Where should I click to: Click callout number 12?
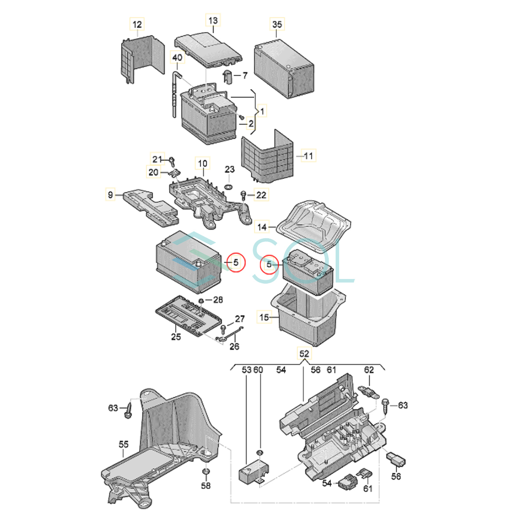point(137,24)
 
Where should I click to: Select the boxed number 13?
point(213,20)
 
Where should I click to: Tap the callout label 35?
point(277,24)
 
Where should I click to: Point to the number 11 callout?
point(308,155)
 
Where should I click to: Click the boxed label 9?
point(111,195)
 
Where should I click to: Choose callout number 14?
point(262,227)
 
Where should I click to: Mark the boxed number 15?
point(264,317)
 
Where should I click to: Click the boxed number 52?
point(304,354)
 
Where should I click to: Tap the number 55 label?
point(124,444)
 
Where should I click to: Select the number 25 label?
point(176,336)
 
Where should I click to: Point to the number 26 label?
point(234,346)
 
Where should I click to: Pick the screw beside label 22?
point(243,195)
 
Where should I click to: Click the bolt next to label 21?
point(172,161)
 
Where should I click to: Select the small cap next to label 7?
point(228,77)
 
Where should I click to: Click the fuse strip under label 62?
point(369,392)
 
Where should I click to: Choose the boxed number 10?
point(202,163)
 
